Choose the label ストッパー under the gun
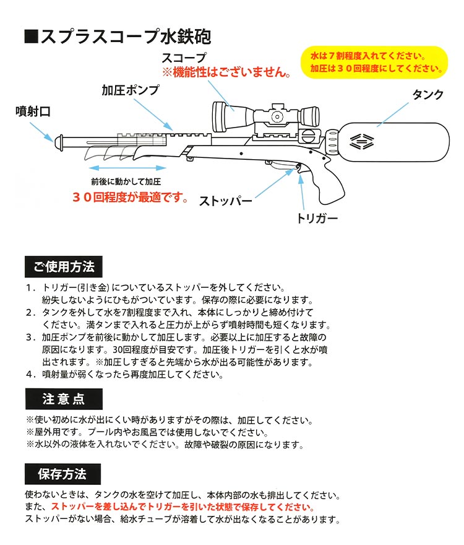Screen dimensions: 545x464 point(226,201)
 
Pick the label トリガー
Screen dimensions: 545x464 point(317,219)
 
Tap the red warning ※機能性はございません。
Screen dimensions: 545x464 point(227,72)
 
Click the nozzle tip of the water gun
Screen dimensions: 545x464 point(59,142)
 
